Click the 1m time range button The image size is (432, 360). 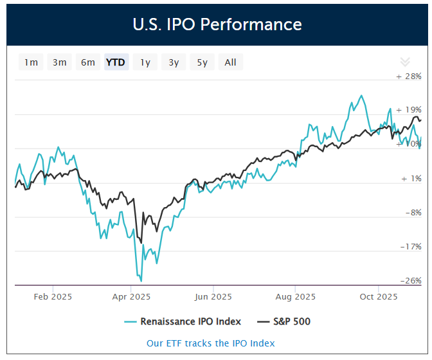(31, 62)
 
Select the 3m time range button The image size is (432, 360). (60, 62)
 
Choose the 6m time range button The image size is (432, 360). (88, 62)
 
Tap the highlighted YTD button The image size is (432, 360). (116, 62)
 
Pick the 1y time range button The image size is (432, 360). (145, 62)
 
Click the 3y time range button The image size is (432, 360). (174, 62)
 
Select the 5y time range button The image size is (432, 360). (202, 62)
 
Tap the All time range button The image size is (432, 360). (231, 62)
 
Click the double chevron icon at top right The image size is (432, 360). (405, 62)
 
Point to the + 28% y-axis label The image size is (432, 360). (409, 76)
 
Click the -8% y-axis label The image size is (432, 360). (412, 212)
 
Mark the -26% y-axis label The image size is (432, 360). (410, 280)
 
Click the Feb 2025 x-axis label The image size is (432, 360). (53, 297)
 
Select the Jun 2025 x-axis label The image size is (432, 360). (213, 297)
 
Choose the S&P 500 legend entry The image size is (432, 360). (283, 321)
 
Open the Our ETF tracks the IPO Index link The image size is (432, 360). (211, 343)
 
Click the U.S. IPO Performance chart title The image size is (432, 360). (217, 24)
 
